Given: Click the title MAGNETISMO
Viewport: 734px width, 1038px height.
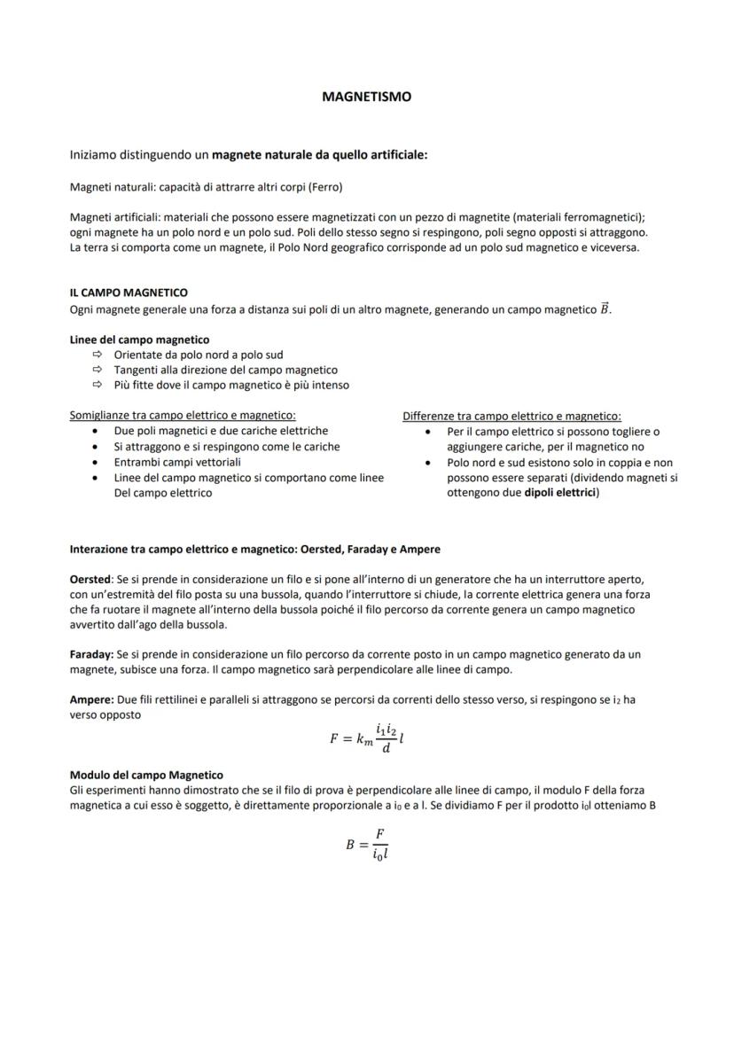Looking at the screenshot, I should click(366, 97).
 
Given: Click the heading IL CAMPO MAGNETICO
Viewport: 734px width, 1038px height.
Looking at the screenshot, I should click(129, 293).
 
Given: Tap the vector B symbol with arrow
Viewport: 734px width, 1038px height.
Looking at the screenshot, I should click(605, 308).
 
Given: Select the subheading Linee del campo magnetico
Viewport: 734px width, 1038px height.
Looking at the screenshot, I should click(139, 339).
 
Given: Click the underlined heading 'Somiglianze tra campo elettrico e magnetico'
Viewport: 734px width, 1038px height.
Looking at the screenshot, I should click(183, 415).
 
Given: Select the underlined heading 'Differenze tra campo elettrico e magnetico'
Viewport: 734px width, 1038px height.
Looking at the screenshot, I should click(511, 416).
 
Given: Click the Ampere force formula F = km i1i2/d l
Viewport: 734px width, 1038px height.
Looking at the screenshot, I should click(366, 738).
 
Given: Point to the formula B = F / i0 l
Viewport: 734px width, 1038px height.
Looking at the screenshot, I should click(367, 845).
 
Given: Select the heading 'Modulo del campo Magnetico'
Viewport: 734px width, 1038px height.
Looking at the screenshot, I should click(146, 775).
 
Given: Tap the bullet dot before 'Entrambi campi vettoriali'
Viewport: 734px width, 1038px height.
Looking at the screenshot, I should click(96, 462).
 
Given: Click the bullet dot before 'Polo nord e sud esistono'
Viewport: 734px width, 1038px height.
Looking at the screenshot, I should click(428, 463).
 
